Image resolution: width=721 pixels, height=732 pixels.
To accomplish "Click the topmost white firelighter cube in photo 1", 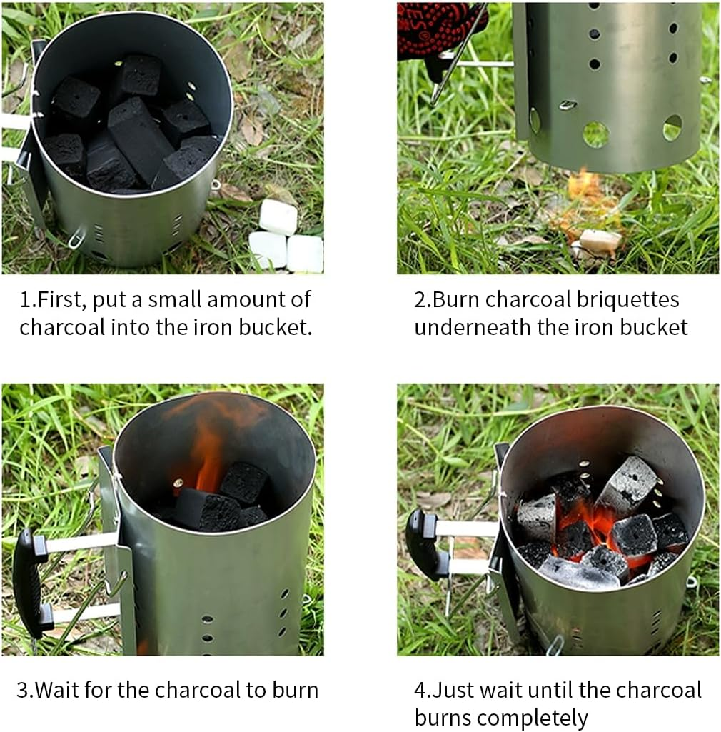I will tap(278, 216).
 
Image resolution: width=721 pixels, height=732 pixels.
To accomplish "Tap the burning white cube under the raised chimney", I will tap(600, 241).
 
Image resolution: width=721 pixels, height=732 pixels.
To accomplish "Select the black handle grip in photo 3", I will tap(27, 582).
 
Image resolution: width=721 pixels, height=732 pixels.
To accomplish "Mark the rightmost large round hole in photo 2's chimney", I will tap(672, 129).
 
